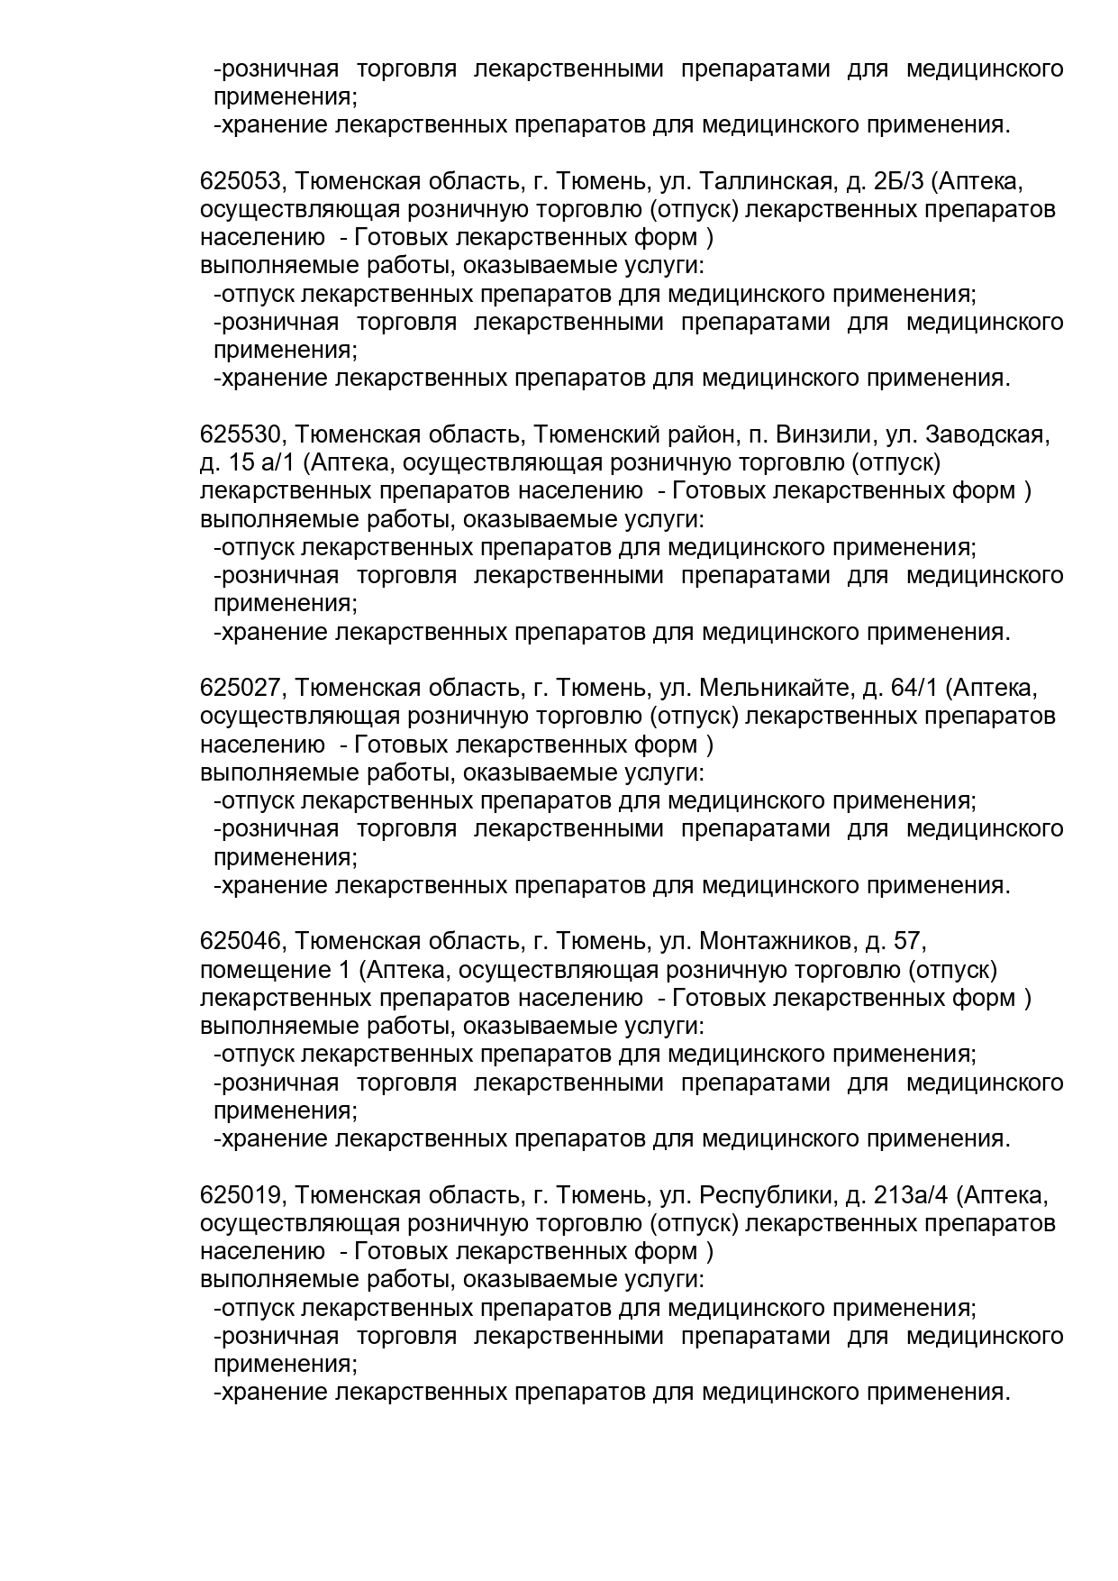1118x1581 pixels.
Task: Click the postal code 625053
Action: pyautogui.click(x=241, y=182)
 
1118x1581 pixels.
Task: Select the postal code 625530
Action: pyautogui.click(x=241, y=435)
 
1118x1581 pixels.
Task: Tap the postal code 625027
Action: pyautogui.click(x=241, y=689)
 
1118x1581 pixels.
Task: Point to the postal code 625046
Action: pyautogui.click(x=241, y=942)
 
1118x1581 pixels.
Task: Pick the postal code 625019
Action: pyautogui.click(x=241, y=1195)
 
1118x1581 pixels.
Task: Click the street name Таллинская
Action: pyautogui.click(x=765, y=182)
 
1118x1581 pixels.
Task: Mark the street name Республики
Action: pyautogui.click(x=765, y=1195)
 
